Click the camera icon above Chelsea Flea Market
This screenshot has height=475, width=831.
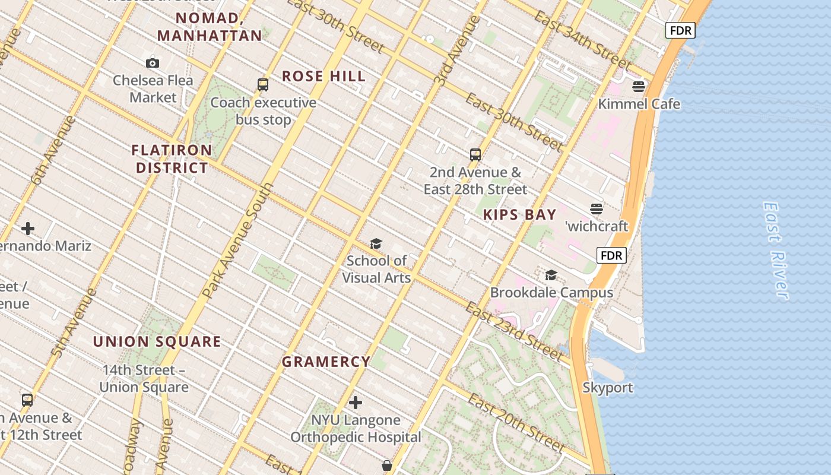153,63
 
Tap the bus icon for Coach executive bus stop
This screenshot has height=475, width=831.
263,85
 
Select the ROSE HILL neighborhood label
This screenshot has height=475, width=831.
323,76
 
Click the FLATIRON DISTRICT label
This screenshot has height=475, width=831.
172,159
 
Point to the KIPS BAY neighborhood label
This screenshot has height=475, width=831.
519,215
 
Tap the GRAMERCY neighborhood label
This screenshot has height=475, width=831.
326,362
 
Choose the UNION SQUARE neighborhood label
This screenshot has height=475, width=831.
157,341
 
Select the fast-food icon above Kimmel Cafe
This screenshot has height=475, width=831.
639,87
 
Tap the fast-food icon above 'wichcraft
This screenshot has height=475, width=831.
597,209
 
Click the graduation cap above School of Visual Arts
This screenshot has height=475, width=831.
376,244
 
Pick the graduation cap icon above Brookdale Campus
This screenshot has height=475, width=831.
551,275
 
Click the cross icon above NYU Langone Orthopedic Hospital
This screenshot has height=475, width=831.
356,403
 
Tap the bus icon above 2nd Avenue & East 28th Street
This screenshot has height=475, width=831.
475,155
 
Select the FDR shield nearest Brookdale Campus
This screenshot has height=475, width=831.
611,256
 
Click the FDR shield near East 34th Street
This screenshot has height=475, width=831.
680,30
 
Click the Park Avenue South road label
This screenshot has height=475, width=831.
238,240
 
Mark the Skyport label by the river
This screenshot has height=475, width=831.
608,388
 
